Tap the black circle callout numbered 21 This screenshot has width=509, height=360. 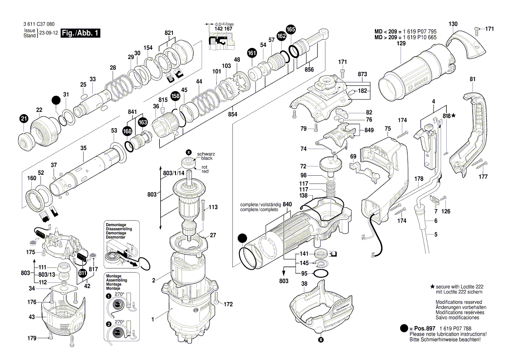pyautogui.click(x=24, y=118)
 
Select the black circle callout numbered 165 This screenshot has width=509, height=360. pyautogui.click(x=291, y=30)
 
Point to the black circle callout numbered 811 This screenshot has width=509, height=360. pyautogui.click(x=82, y=273)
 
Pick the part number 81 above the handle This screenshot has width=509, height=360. pyautogui.click(x=472, y=79)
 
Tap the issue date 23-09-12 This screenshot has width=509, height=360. pyautogui.click(x=48, y=34)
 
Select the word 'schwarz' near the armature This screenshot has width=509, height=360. pyautogui.click(x=206, y=154)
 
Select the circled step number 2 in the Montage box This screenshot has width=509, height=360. pyautogui.click(x=108, y=324)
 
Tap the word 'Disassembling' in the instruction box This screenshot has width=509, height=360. pyautogui.click(x=119, y=229)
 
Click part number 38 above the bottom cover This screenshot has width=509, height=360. pyautogui.click(x=304, y=283)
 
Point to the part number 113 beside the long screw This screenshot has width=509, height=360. pyautogui.click(x=213, y=207)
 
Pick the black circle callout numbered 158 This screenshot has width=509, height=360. pyautogui.click(x=175, y=96)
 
